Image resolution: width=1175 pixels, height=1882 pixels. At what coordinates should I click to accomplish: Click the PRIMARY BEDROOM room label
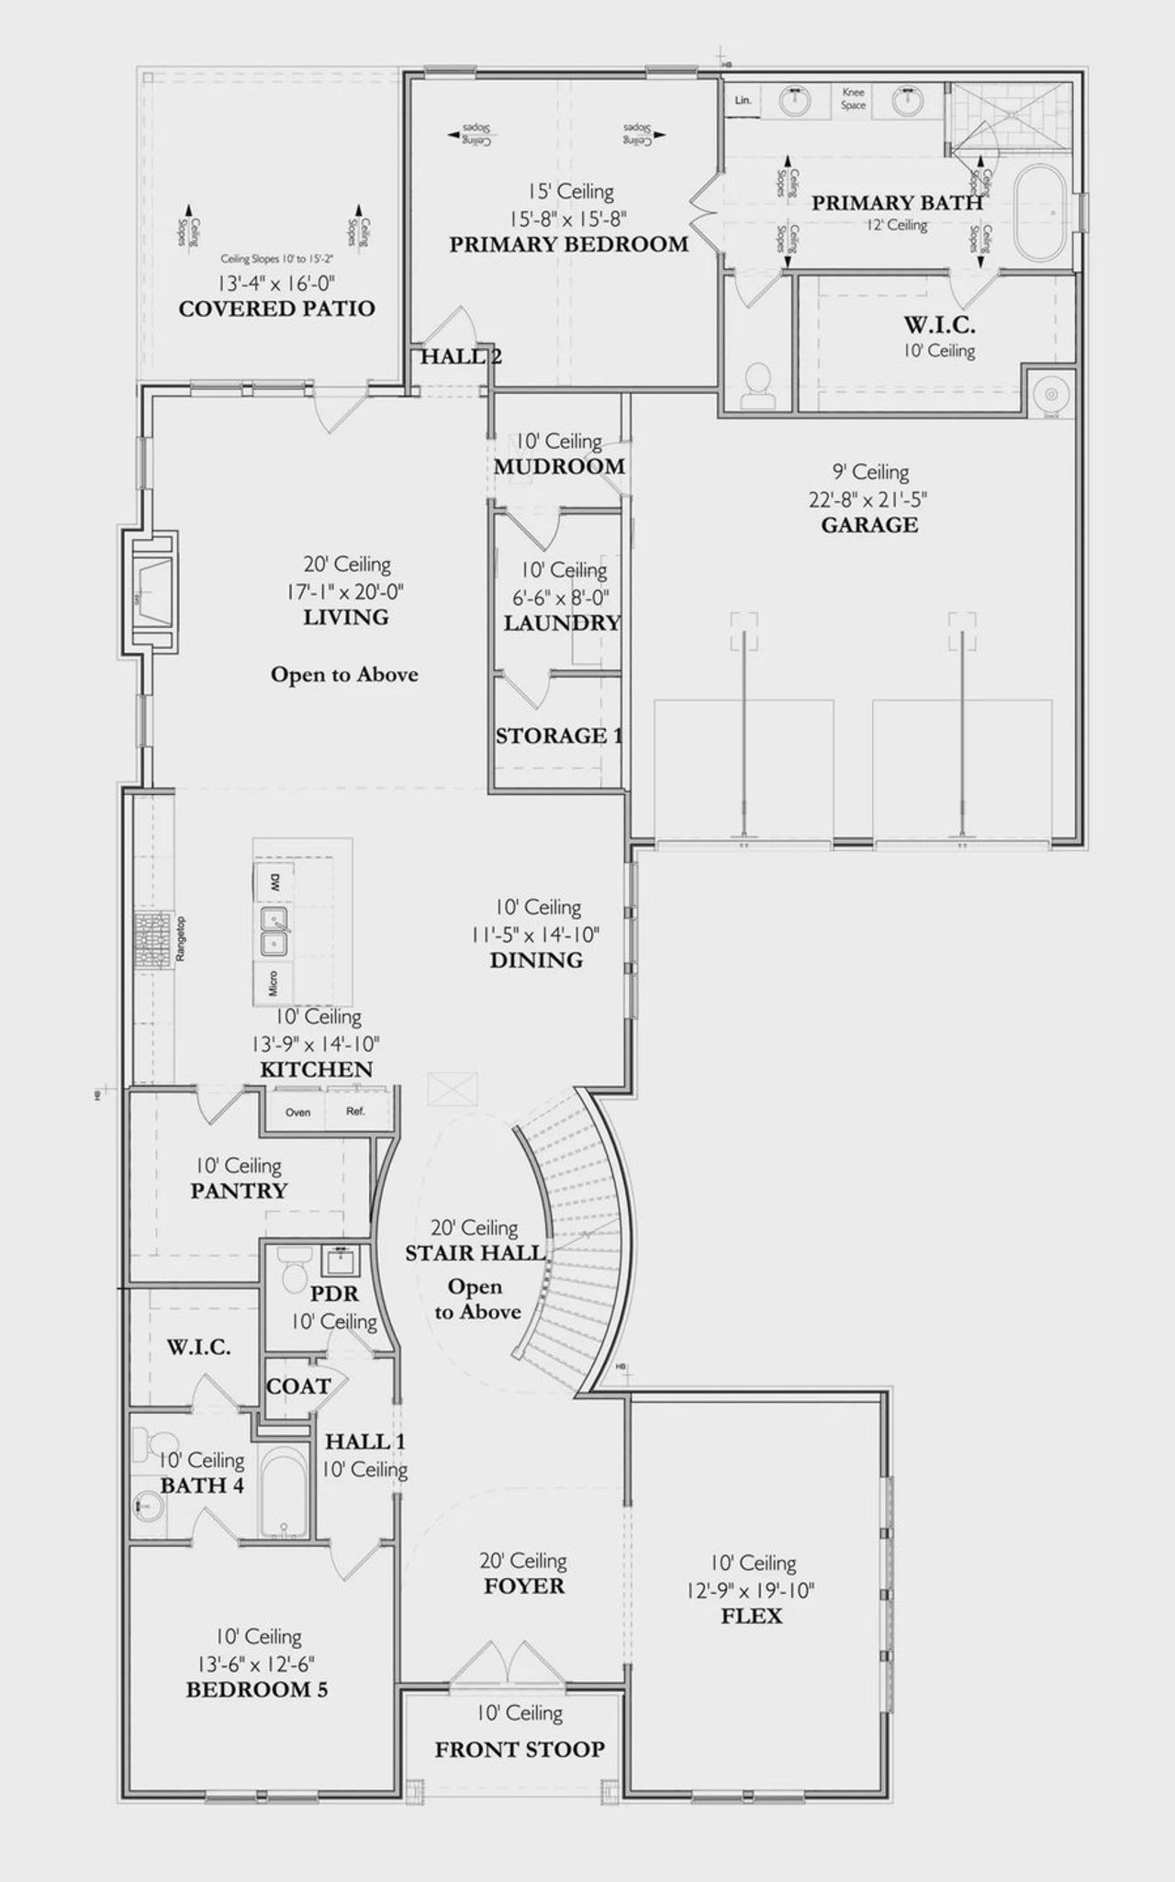tap(568, 244)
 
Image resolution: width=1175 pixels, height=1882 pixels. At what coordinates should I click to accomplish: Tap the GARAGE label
tap(869, 525)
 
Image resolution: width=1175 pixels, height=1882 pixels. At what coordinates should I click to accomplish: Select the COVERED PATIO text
tap(276, 308)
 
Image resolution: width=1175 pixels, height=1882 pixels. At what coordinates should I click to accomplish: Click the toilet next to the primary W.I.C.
tap(758, 386)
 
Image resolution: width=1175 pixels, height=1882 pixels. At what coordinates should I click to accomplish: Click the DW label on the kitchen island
tap(274, 883)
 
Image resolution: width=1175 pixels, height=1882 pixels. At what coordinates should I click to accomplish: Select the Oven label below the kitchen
tap(297, 1112)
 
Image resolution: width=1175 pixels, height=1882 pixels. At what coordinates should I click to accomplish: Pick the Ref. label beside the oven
tap(355, 1112)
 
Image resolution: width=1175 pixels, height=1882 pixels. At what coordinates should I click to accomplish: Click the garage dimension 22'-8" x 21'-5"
tap(869, 499)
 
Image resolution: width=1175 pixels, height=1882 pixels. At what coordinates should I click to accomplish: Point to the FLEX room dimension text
tap(751, 1590)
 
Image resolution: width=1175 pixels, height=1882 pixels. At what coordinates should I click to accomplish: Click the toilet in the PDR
tap(294, 1273)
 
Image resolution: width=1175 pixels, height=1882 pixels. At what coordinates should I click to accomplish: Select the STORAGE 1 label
tap(558, 735)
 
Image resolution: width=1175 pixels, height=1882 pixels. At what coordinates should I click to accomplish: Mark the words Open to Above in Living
tap(344, 675)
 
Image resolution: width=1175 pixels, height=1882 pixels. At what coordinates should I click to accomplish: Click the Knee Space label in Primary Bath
tap(853, 99)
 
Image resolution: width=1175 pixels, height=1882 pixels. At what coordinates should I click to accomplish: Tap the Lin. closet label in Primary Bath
tap(744, 100)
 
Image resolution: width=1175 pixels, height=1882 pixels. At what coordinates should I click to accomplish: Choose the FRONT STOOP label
tap(520, 1750)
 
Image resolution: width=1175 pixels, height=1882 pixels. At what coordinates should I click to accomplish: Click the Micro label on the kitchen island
tap(274, 984)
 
